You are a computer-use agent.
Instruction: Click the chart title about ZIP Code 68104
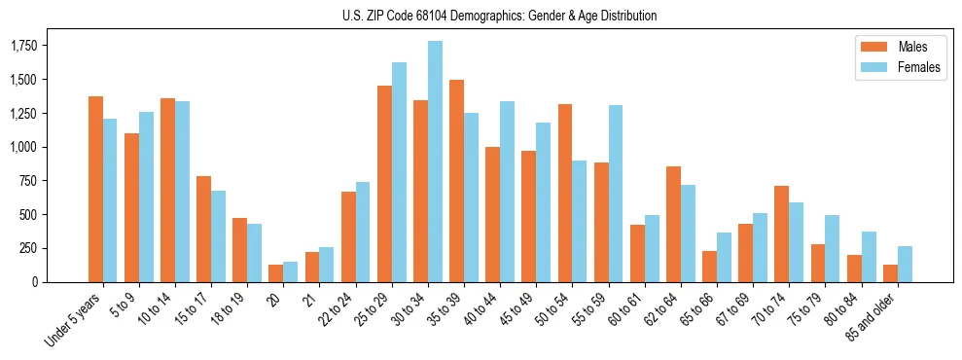(x=499, y=16)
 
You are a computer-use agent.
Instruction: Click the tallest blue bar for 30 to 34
(x=435, y=162)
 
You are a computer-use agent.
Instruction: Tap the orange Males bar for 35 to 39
(x=456, y=181)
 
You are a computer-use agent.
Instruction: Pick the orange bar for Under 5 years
(x=95, y=190)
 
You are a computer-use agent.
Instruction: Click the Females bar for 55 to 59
(x=616, y=194)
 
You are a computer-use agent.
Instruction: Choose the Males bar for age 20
(x=275, y=273)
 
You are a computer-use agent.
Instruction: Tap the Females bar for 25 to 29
(x=399, y=172)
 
